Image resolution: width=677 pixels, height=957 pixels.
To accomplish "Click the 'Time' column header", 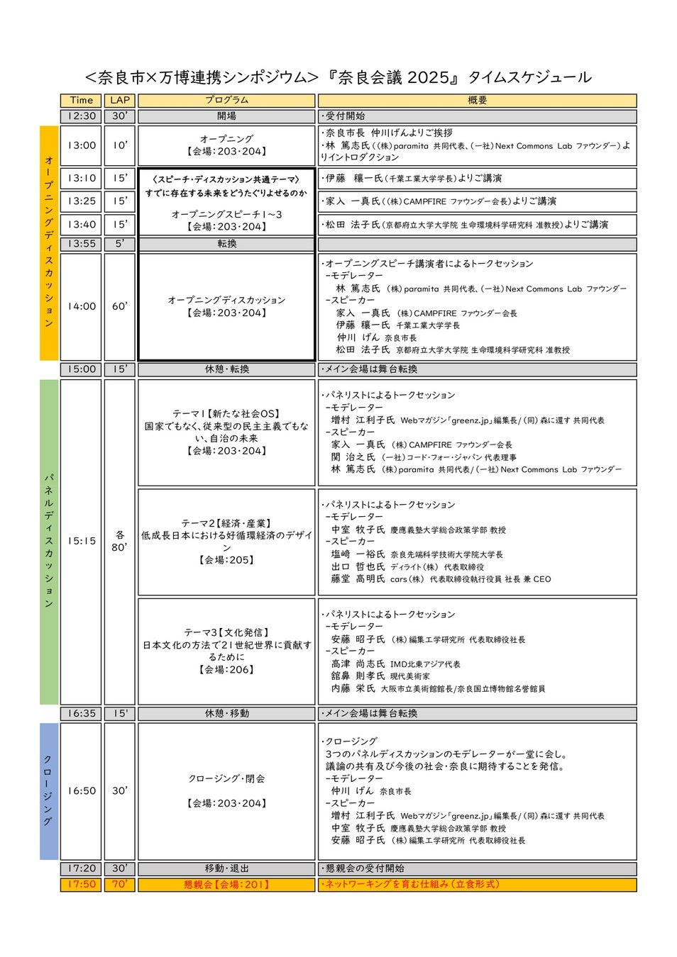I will [x=82, y=100].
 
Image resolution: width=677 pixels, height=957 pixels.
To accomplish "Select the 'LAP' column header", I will [x=120, y=100].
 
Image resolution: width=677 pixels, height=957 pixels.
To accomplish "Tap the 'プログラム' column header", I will [x=226, y=100].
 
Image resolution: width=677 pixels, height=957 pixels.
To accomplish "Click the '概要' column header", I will [x=477, y=100].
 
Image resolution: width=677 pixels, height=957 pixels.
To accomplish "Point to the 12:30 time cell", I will [x=82, y=116].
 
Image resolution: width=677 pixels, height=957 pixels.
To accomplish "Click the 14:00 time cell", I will [x=82, y=306].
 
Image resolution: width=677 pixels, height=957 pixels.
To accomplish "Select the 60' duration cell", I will [x=120, y=306].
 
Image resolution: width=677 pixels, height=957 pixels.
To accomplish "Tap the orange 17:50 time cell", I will [x=82, y=884].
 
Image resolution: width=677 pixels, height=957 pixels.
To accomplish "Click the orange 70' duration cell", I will [x=120, y=884].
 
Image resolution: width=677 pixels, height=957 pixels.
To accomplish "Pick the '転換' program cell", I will [x=226, y=244].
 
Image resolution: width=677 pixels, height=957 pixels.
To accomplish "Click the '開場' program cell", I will [x=226, y=116].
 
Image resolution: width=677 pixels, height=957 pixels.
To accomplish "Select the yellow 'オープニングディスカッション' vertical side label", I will [x=49, y=242].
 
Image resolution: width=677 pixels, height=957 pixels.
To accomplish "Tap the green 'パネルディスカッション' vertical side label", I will [x=49, y=541].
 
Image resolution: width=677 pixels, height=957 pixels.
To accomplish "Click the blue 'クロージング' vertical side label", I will [x=49, y=790].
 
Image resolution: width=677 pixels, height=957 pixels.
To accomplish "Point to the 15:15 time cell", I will [x=82, y=541].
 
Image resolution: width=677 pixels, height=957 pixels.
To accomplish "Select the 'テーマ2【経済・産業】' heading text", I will [x=226, y=523].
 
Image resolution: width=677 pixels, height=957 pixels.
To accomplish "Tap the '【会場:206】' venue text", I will [x=226, y=669].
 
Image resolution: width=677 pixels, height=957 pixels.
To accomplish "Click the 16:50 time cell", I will [x=82, y=790].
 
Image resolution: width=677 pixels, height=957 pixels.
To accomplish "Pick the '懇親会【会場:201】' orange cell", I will [x=226, y=884].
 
